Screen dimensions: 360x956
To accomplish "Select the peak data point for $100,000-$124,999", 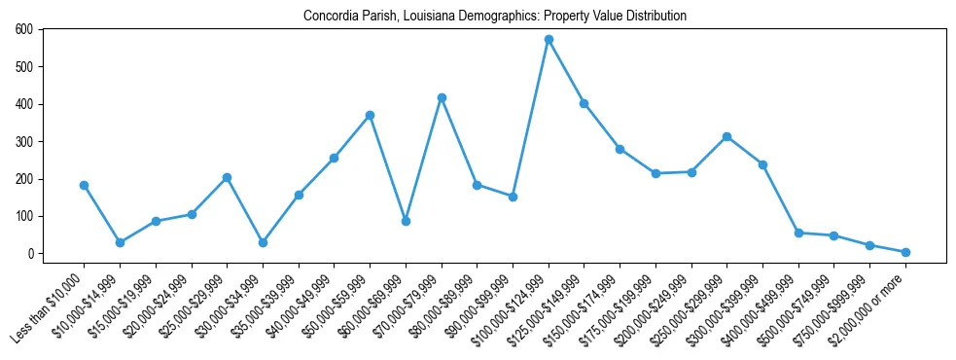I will click(x=549, y=40).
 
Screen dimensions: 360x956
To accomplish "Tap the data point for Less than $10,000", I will click(x=84, y=185).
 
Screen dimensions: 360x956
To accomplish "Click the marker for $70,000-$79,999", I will click(x=442, y=97).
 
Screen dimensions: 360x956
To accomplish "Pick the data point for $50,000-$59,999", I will click(x=370, y=115).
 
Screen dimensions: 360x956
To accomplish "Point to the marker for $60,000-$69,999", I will click(x=406, y=221).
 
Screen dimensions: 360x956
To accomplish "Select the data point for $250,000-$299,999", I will click(x=726, y=136).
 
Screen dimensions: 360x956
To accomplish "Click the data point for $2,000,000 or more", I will click(x=905, y=252).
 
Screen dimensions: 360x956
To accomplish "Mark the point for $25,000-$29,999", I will click(x=227, y=177).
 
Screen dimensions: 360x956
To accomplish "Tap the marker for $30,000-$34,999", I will click(x=263, y=242).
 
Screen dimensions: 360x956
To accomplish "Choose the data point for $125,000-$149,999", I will click(x=584, y=103).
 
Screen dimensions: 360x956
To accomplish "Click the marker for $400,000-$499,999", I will click(x=798, y=233).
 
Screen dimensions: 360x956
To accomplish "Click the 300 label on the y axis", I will click(x=23, y=141).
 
